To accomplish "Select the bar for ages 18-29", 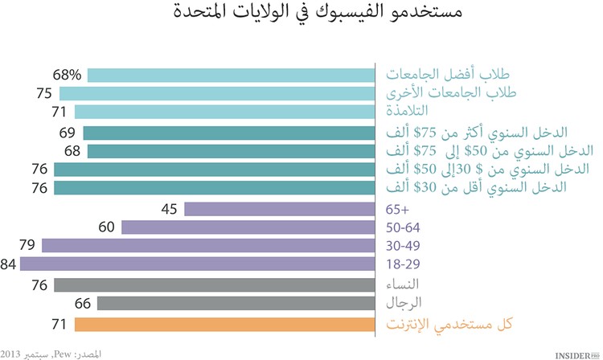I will point(198,264).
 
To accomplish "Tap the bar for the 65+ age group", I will point(280,209).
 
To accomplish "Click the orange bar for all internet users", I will point(224,324).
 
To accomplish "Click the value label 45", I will point(170,209).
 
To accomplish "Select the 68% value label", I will point(68,75).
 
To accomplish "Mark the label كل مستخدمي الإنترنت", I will point(450,324).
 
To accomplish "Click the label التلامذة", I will point(409,111).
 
